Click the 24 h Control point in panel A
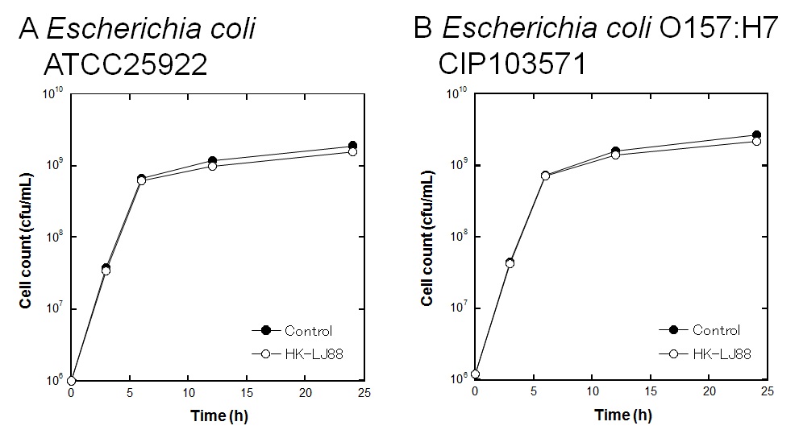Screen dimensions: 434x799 352,146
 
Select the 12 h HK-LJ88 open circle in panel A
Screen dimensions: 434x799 212,166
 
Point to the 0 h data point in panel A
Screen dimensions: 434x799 72,380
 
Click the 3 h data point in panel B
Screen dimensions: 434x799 510,263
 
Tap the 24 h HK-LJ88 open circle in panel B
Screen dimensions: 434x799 756,142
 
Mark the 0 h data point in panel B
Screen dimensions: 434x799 476,374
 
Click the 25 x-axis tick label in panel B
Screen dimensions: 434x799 767,393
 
